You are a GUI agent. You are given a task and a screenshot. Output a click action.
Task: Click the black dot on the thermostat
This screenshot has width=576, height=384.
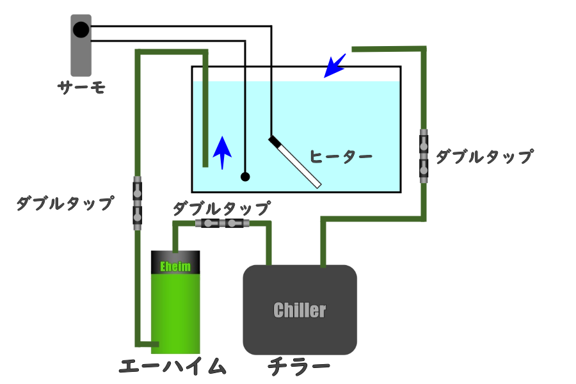[81, 29]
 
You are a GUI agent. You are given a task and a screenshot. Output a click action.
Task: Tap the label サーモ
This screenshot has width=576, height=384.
[81, 87]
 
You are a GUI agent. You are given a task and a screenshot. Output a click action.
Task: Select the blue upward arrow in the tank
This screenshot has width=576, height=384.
[221, 152]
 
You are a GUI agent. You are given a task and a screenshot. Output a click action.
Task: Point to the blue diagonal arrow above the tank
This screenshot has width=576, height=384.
[334, 65]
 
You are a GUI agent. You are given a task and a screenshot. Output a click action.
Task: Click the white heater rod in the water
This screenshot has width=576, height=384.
[298, 164]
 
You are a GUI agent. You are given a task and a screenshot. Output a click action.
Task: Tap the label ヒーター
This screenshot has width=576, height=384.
[340, 156]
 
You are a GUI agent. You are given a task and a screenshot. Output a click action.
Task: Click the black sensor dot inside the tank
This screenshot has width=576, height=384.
[245, 177]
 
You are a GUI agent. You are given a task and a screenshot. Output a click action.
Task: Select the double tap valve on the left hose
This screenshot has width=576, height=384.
[137, 202]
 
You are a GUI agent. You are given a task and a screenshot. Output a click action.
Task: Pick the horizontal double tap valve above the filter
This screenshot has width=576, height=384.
[221, 223]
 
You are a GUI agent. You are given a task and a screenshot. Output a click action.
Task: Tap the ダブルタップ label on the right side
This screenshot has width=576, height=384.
[484, 157]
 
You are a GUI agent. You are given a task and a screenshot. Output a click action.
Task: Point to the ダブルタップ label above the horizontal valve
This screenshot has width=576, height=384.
[221, 208]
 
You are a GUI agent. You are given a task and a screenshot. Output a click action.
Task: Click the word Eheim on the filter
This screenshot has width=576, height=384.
[175, 266]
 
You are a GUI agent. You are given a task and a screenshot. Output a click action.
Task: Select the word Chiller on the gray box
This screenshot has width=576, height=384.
[300, 310]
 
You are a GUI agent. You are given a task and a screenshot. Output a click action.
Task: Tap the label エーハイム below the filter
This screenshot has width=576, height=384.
[173, 367]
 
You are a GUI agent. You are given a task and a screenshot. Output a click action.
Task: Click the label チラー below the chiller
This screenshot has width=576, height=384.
[299, 367]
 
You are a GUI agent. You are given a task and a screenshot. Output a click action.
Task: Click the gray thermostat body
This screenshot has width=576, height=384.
[81, 58]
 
